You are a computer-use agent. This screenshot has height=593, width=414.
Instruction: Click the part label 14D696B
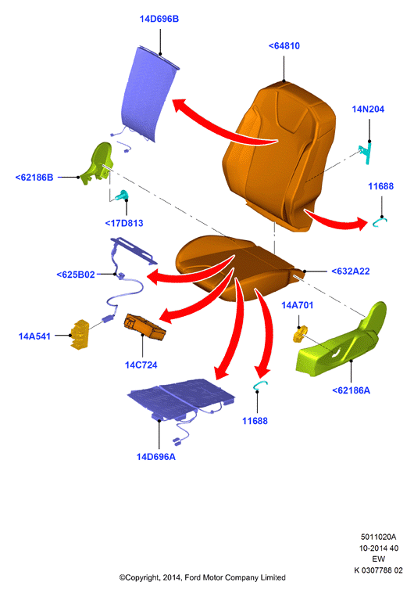(159, 19)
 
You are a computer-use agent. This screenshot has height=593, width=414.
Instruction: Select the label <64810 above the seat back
(284, 45)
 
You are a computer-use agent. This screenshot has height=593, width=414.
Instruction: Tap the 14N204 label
(368, 110)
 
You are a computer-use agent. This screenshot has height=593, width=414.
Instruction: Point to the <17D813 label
(124, 223)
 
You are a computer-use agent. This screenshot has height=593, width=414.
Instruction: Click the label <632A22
(350, 271)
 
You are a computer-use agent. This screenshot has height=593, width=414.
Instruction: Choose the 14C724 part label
(141, 365)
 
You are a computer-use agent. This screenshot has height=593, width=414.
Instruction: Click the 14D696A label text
(155, 457)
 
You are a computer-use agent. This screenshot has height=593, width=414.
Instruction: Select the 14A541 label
(34, 336)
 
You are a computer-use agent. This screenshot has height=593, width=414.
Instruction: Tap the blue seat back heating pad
(150, 95)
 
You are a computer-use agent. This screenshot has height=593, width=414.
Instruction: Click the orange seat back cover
(280, 155)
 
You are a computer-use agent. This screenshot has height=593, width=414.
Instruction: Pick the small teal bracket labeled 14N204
(366, 153)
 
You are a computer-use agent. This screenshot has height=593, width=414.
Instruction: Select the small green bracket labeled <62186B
(98, 163)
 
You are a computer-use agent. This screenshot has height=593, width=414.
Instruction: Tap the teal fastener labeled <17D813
(122, 195)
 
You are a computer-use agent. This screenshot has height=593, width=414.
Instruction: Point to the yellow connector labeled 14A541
(80, 334)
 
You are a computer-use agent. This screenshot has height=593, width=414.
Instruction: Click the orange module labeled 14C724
(145, 327)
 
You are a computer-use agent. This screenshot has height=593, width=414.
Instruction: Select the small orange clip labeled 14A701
(299, 335)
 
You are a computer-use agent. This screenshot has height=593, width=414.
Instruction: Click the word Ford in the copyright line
(192, 577)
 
